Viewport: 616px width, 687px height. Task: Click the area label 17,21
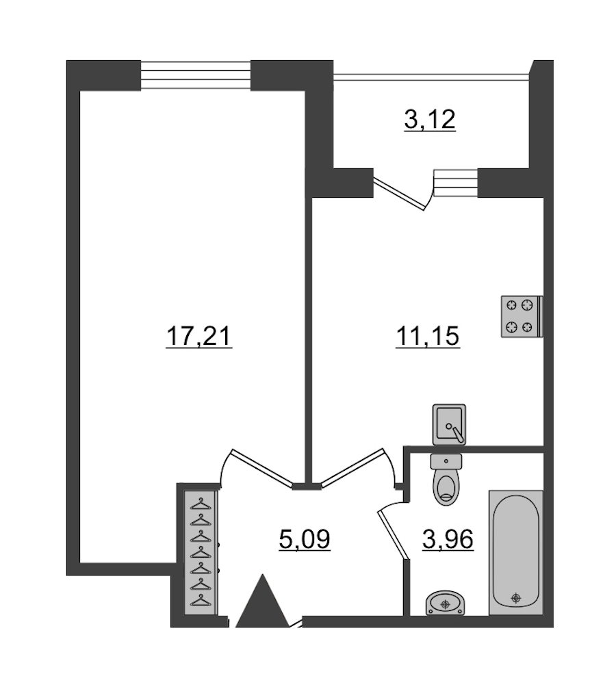(199, 337)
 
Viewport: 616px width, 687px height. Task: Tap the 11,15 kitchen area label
(428, 337)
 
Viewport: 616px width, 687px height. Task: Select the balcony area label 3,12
(430, 120)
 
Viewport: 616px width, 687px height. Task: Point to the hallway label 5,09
(305, 539)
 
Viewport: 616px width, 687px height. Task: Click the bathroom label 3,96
(448, 539)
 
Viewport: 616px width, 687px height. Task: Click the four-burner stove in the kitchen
(522, 316)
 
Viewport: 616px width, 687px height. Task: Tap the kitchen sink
(449, 424)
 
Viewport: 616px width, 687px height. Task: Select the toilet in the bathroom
(446, 480)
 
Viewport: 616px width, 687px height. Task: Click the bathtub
(515, 552)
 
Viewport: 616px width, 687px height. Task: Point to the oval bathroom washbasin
(445, 604)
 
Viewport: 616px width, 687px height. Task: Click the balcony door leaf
(399, 193)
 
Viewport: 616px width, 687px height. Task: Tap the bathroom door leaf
(394, 535)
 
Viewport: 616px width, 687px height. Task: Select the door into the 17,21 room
(262, 467)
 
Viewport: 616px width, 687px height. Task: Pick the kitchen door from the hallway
(352, 467)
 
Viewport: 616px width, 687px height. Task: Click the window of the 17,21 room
(195, 75)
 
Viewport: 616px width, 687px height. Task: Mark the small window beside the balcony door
(455, 183)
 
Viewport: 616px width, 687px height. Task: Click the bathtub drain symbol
(516, 597)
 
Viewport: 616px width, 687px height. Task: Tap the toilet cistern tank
(446, 461)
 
